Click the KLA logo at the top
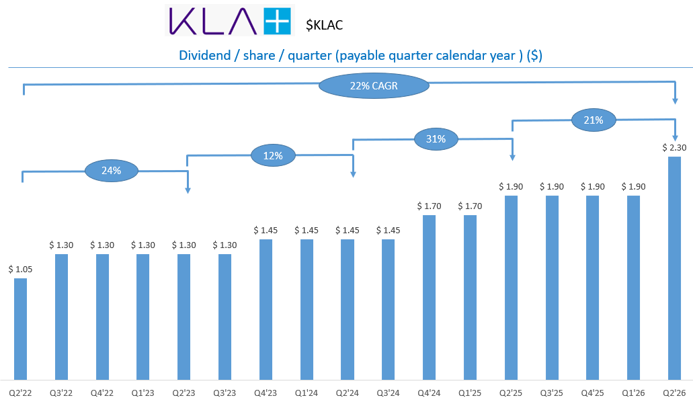229,20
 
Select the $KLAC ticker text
324,26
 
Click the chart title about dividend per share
360,56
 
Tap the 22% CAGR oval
374,86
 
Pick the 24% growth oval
112,171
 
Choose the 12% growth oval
273,155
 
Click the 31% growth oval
436,139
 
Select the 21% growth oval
594,120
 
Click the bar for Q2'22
21,329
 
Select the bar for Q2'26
674,268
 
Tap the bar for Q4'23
266,309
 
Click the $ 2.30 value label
674,148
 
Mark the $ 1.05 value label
21,269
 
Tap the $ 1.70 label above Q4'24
429,206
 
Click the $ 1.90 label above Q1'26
633,186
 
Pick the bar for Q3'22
62,317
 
